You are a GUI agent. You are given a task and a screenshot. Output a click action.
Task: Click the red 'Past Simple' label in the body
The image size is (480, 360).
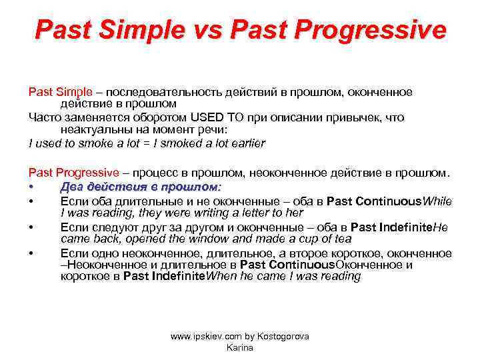[55, 91]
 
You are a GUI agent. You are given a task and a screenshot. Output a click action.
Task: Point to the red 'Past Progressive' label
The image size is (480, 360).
[70, 173]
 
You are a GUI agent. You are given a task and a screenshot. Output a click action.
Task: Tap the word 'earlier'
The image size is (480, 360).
[246, 143]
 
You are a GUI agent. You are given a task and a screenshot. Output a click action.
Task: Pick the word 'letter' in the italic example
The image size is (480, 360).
[247, 213]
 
